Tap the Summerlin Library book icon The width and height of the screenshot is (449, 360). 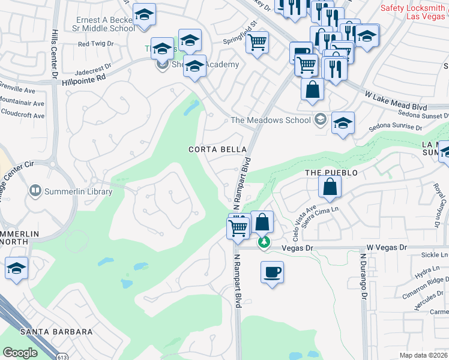tap(35, 192)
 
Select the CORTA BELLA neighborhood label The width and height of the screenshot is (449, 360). tap(217, 149)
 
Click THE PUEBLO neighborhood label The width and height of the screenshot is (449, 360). tap(331, 173)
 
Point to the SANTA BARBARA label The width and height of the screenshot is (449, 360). tap(56, 332)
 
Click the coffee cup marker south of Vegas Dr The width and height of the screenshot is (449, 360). tap(272, 272)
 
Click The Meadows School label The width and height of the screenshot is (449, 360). tap(271, 120)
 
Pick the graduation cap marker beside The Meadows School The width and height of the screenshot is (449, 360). tap(343, 123)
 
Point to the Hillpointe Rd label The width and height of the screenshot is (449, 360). tap(84, 78)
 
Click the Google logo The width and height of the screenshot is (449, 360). tap(20, 353)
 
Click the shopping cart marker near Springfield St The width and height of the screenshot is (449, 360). tap(258, 43)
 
